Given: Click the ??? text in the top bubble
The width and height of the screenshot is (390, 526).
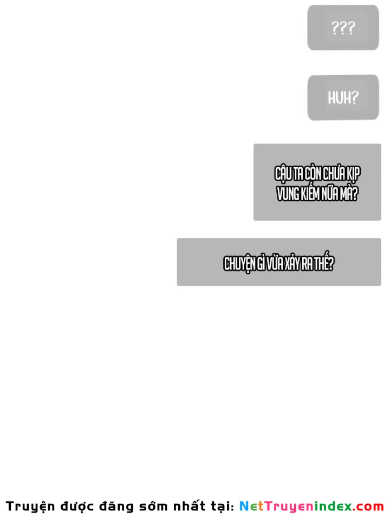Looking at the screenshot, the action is [343, 28].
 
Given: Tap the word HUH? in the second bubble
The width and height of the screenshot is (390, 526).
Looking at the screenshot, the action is [343, 97].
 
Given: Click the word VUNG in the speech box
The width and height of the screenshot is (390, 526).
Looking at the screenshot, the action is [288, 194].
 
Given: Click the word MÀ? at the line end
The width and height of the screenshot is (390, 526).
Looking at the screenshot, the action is [349, 193].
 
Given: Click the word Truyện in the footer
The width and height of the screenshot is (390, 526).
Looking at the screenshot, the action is [30, 507].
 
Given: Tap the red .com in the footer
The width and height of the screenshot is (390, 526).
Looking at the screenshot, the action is [368, 507].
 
